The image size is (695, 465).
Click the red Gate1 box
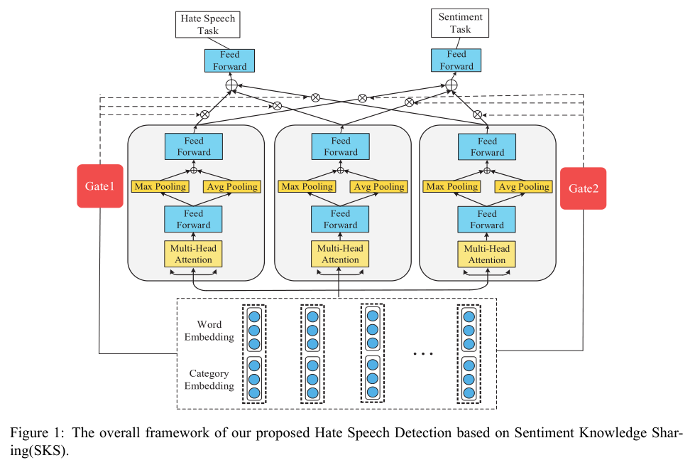100,186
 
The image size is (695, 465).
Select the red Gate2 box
583,188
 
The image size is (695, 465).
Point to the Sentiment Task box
460,23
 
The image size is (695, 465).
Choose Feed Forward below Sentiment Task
456,60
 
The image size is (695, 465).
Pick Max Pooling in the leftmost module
161,187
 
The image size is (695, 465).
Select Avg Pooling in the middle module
380,187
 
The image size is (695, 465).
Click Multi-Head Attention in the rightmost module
487,254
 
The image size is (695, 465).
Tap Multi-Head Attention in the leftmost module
194,254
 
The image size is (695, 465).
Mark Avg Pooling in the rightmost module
525,187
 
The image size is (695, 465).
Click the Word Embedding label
209,331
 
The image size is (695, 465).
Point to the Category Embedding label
209,380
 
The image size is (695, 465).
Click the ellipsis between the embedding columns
422,353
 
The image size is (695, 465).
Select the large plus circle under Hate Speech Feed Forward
231,85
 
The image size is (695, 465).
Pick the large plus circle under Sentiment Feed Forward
451,85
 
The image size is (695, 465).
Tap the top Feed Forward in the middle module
340,146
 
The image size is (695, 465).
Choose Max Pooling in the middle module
307,187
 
